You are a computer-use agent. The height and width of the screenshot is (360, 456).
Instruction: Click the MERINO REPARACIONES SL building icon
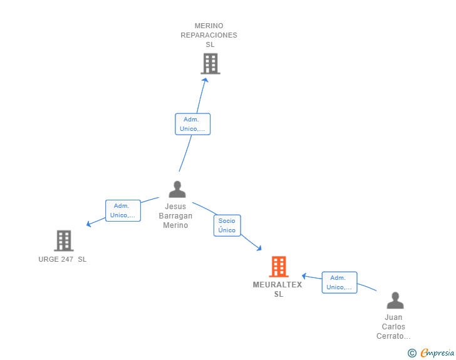[x=210, y=64]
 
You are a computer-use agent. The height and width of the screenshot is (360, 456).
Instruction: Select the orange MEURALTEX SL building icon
[x=279, y=266]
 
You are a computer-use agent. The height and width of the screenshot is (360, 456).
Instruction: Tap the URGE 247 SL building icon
[x=64, y=241]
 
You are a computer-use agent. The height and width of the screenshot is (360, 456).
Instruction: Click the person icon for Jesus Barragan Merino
[x=177, y=189]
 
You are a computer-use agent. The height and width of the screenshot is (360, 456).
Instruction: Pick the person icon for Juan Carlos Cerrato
[x=395, y=301]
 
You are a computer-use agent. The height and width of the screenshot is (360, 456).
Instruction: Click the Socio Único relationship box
[x=227, y=225]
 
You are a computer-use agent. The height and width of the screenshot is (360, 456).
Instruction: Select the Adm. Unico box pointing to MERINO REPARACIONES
[x=192, y=124]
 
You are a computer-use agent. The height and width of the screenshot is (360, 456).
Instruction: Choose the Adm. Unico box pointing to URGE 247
[x=123, y=210]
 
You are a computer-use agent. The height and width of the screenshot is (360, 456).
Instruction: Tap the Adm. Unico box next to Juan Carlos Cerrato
[x=339, y=282]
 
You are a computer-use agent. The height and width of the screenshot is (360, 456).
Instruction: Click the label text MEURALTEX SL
[x=277, y=289]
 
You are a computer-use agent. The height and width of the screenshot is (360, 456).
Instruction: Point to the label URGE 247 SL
[x=63, y=259]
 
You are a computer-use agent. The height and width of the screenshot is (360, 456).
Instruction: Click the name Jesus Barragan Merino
[x=175, y=216]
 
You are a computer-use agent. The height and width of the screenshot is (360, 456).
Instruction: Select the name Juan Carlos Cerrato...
[x=393, y=327]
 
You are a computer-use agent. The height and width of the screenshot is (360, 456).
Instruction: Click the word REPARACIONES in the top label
[x=209, y=35]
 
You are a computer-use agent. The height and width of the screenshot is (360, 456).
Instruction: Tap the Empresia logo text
[x=437, y=352]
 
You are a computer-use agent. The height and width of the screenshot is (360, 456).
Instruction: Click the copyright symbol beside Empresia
[x=412, y=353]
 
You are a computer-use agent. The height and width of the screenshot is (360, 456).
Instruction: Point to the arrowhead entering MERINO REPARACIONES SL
[x=205, y=80]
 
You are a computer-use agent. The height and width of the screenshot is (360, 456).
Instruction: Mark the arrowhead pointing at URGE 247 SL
[x=89, y=224]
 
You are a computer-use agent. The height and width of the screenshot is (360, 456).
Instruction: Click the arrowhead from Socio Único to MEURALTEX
[x=259, y=248]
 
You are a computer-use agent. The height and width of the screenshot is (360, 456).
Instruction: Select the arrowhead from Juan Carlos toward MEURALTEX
[x=304, y=276]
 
